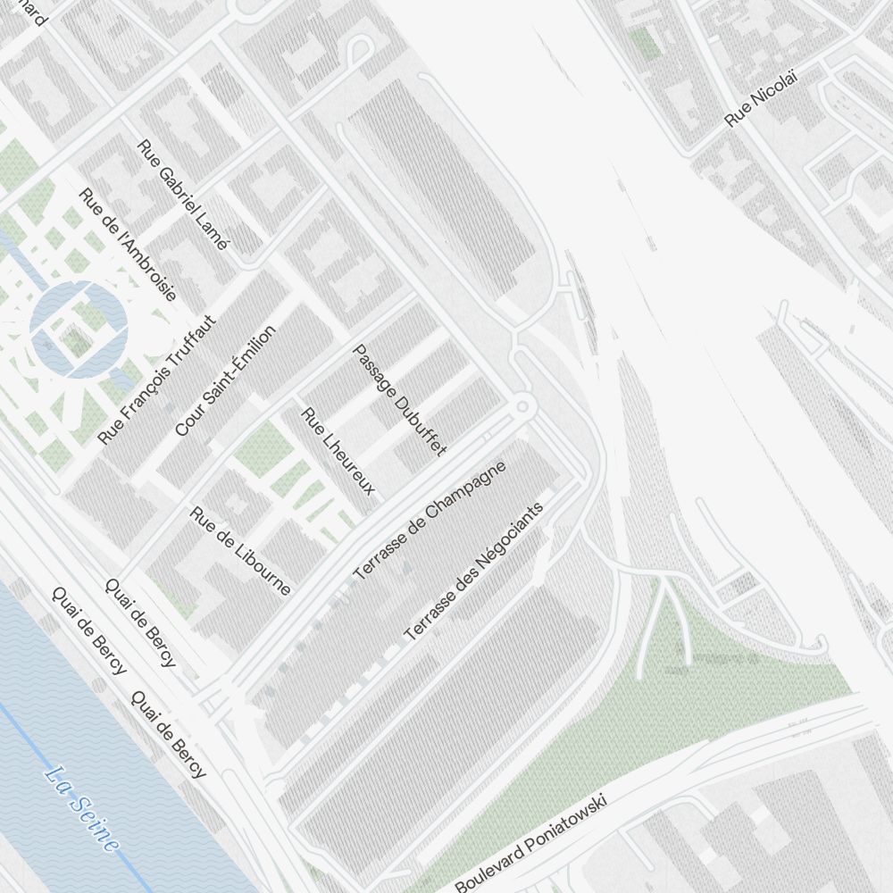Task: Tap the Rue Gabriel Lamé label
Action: [183, 194]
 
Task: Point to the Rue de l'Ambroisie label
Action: [127, 243]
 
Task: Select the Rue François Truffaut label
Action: [157, 380]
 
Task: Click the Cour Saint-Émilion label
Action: [225, 380]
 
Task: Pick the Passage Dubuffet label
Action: [399, 399]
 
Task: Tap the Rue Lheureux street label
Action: [338, 452]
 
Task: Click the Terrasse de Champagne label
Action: [430, 521]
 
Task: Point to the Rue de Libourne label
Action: [241, 550]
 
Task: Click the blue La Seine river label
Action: [81, 808]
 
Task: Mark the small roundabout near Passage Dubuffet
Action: [523, 407]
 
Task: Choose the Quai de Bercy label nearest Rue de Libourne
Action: [140, 622]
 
